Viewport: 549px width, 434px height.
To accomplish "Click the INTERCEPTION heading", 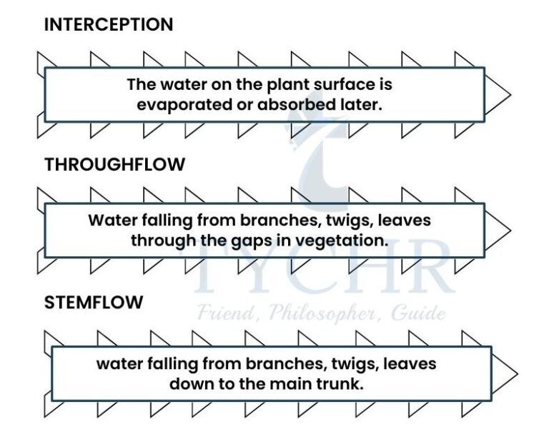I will pyautogui.click(x=109, y=25).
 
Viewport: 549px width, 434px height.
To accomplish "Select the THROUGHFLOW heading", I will pyautogui.click(x=114, y=165).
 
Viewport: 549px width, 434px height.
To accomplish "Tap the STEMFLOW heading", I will pyautogui.click(x=94, y=303).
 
